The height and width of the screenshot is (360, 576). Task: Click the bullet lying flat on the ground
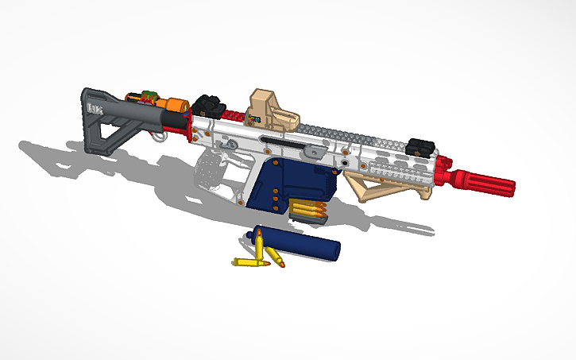pyautogui.click(x=250, y=263)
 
